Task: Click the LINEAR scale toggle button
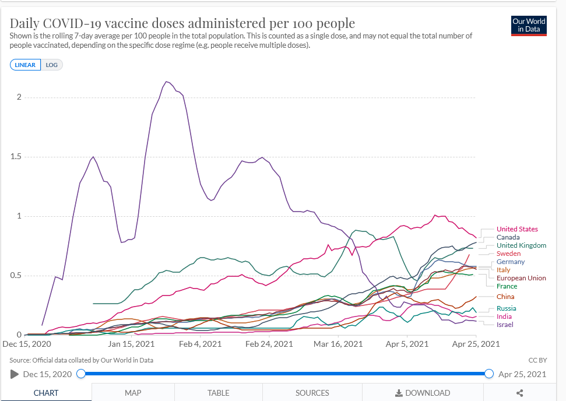coord(25,65)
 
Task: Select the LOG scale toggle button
coord(51,65)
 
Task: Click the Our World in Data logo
coord(529,25)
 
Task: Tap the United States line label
coord(517,229)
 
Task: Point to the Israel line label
coord(505,324)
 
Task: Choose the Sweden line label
coord(508,254)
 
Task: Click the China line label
coord(505,297)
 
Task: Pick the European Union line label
coord(521,278)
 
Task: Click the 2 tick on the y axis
coord(19,97)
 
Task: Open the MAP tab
coord(133,393)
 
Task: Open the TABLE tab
coord(219,393)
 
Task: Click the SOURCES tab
coord(312,393)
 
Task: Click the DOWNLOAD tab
coord(423,393)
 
